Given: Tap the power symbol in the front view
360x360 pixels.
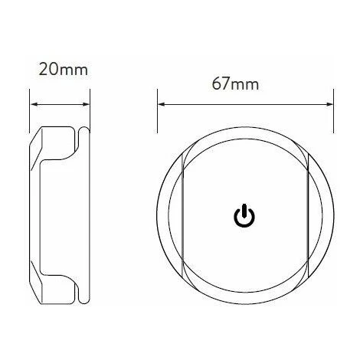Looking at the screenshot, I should [x=244, y=216].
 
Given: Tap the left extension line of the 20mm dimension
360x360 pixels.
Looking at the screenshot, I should [x=30, y=111].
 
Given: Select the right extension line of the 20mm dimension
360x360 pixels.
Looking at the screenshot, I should [x=90, y=111].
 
